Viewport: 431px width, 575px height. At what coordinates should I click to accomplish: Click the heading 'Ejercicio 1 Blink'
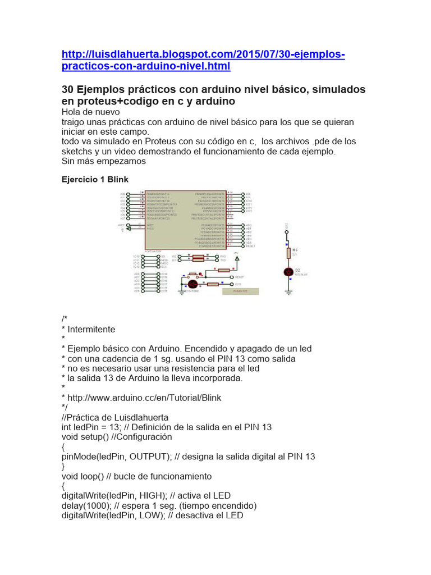coord(94,180)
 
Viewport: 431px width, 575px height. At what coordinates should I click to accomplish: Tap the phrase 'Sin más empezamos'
coord(103,161)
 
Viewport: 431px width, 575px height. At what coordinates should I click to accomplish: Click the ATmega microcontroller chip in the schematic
coord(185,219)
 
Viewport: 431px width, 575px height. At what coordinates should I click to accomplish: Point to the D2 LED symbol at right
coord(288,272)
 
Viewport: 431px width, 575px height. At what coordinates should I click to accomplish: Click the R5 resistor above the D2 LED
coord(288,253)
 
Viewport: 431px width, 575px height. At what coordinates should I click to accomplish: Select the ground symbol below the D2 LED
coord(288,292)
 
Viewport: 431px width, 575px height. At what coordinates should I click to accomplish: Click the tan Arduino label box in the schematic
coord(241,291)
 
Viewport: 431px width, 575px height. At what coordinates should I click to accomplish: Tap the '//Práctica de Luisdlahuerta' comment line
coord(114,417)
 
